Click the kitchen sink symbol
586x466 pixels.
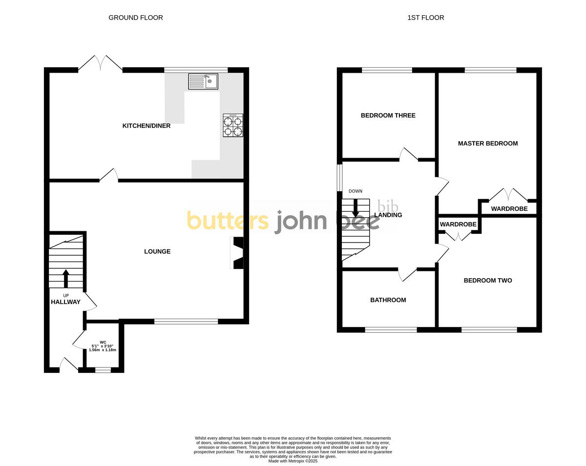tap(203, 81)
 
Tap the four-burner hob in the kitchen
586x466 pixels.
tap(233, 125)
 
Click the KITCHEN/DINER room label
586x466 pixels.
tap(146, 126)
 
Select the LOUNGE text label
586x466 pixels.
tap(157, 252)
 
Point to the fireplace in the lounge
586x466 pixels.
tap(237, 253)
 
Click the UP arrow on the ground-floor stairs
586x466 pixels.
tap(66, 278)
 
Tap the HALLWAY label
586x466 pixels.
tap(65, 302)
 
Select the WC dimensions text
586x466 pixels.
tap(103, 347)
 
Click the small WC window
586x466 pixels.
tap(103, 370)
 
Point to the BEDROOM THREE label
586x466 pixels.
tap(388, 116)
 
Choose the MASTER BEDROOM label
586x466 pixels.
tap(488, 143)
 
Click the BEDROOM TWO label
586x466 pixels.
tap(488, 281)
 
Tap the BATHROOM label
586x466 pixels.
tap(388, 300)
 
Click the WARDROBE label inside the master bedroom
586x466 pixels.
tap(509, 209)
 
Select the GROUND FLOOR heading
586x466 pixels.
tap(136, 18)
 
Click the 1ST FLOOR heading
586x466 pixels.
tap(426, 18)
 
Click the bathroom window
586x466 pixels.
tap(391, 330)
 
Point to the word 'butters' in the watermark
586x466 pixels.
tap(228, 221)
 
